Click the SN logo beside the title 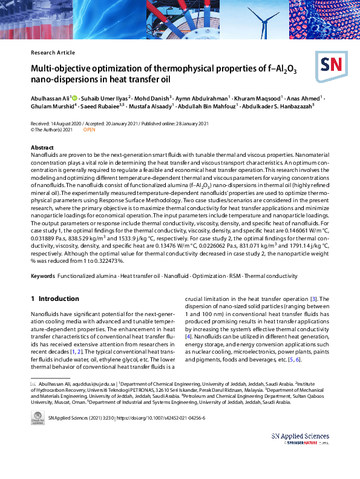(331, 65)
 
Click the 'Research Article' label (53, 53)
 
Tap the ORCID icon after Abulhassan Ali (75, 97)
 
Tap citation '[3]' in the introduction (314, 299)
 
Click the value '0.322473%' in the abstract (107, 260)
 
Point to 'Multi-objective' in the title (63, 69)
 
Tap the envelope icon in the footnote (33, 384)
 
